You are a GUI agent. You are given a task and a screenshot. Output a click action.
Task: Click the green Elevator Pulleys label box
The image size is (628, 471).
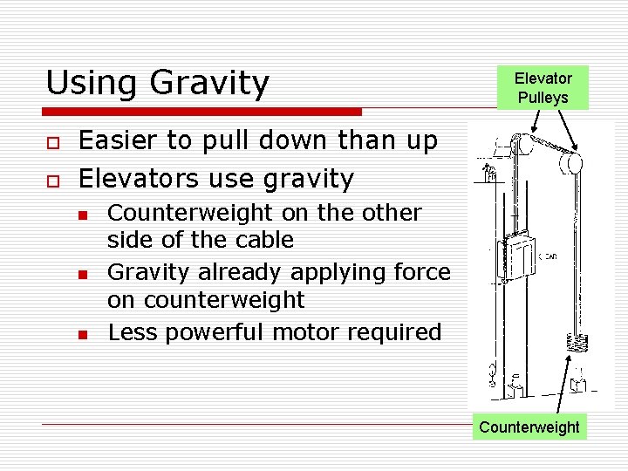tap(543, 88)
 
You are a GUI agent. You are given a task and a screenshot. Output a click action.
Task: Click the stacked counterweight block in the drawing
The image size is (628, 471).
tap(577, 343)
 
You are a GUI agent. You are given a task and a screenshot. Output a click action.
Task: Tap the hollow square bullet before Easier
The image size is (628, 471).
tap(52, 142)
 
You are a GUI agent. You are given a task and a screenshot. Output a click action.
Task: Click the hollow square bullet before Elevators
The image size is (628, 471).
tap(52, 181)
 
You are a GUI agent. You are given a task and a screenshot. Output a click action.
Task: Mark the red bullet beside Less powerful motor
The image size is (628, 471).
tap(82, 334)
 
